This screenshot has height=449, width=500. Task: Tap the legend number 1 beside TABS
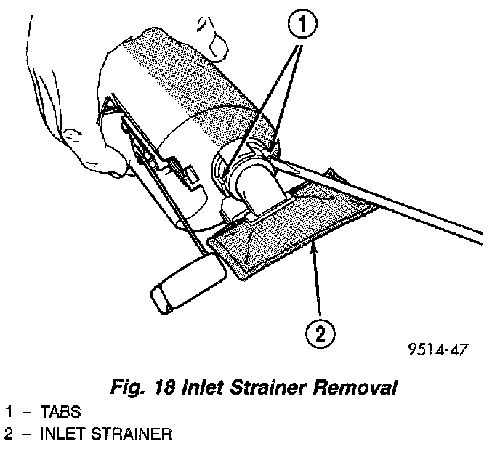click(8, 412)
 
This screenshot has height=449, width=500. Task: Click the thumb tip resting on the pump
click(219, 47)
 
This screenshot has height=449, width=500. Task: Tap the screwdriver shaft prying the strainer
click(407, 211)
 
